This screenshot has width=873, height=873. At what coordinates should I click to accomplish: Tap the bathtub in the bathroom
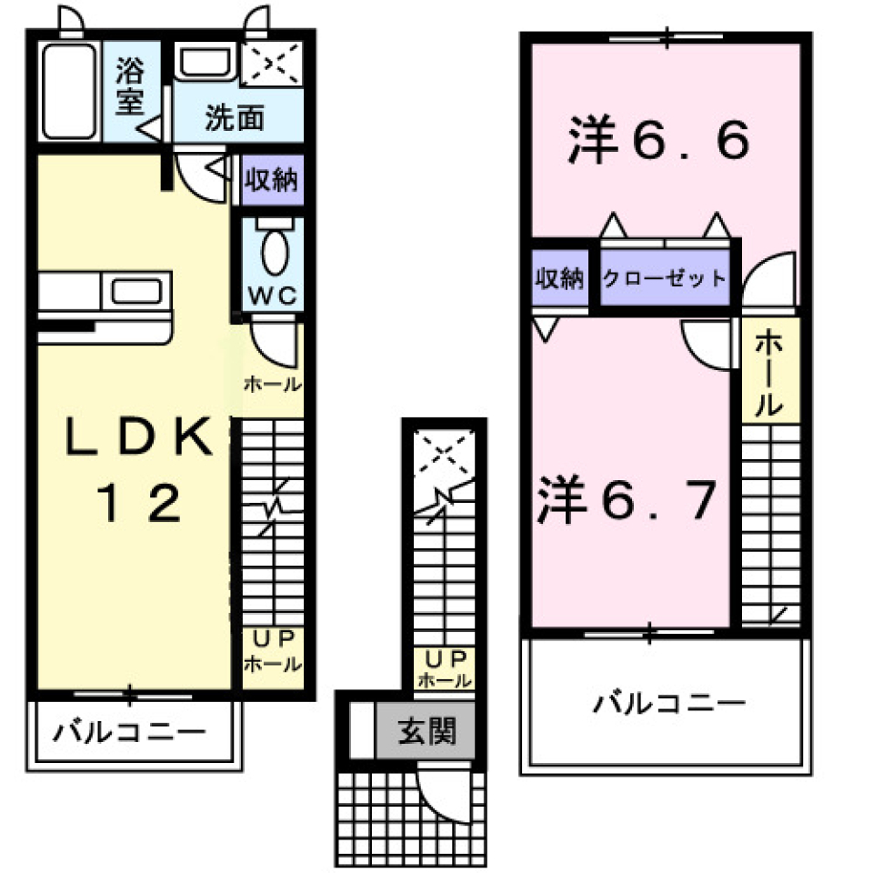click(x=70, y=91)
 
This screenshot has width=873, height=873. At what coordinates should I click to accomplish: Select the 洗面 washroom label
click(x=234, y=117)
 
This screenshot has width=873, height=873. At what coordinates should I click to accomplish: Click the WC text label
click(x=270, y=296)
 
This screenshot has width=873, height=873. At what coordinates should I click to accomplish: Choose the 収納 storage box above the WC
click(x=271, y=180)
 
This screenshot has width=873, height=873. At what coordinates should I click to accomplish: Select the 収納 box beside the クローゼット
click(x=558, y=279)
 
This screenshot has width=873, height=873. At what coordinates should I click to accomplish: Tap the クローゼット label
click(x=665, y=279)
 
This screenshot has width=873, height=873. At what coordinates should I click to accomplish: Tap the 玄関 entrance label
click(x=425, y=731)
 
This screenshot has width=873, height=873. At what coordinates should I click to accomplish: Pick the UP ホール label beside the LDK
click(x=272, y=651)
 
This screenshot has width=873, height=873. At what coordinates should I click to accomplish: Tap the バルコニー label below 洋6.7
click(x=670, y=703)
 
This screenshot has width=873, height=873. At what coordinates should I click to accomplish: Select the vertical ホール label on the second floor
click(x=768, y=373)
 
